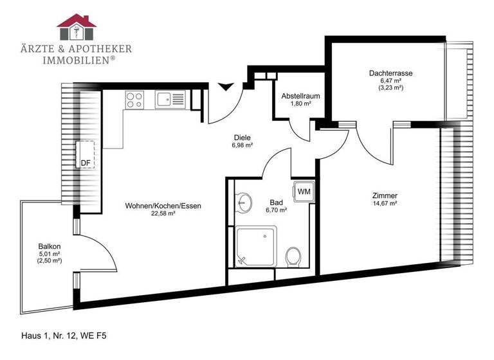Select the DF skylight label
click(x=85, y=163)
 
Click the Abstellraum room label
click(x=300, y=96)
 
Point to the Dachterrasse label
click(x=390, y=73)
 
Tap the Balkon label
click(x=50, y=246)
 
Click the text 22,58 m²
click(x=163, y=213)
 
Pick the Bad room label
click(x=276, y=201)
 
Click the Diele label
click(x=242, y=137)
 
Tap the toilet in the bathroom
click(x=293, y=256)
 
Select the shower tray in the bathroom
click(x=256, y=246)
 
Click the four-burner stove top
click(x=134, y=99)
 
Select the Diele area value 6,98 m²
click(x=242, y=145)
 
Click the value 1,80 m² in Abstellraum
click(x=300, y=104)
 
